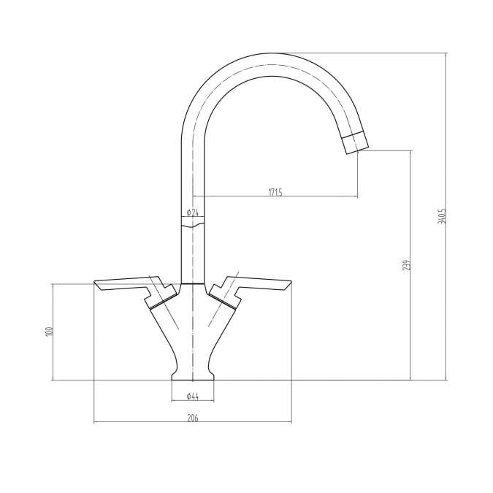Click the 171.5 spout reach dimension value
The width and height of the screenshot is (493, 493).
[275, 192]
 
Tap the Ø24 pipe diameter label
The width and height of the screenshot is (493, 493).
[192, 213]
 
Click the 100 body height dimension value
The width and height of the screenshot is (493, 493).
[49, 332]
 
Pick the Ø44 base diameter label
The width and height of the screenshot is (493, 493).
[193, 397]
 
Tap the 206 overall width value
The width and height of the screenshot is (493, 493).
[193, 418]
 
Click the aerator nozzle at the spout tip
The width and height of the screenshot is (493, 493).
[356, 141]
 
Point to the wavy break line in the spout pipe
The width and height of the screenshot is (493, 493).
[193, 225]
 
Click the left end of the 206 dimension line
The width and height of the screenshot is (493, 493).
[95, 422]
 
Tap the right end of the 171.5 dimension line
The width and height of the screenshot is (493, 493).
[358, 196]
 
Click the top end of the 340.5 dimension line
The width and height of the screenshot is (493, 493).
[446, 53]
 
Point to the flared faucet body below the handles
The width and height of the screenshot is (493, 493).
[193, 336]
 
